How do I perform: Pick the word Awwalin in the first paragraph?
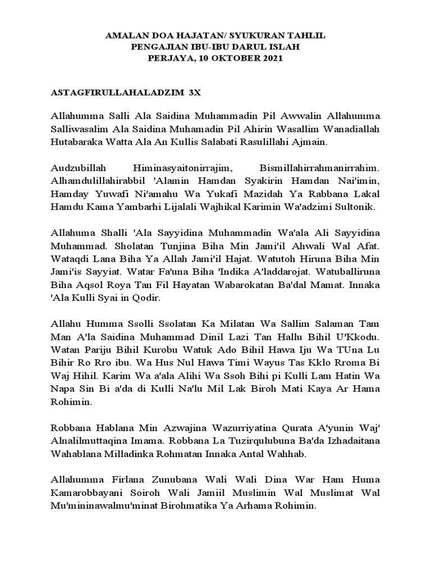click(x=293, y=116)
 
